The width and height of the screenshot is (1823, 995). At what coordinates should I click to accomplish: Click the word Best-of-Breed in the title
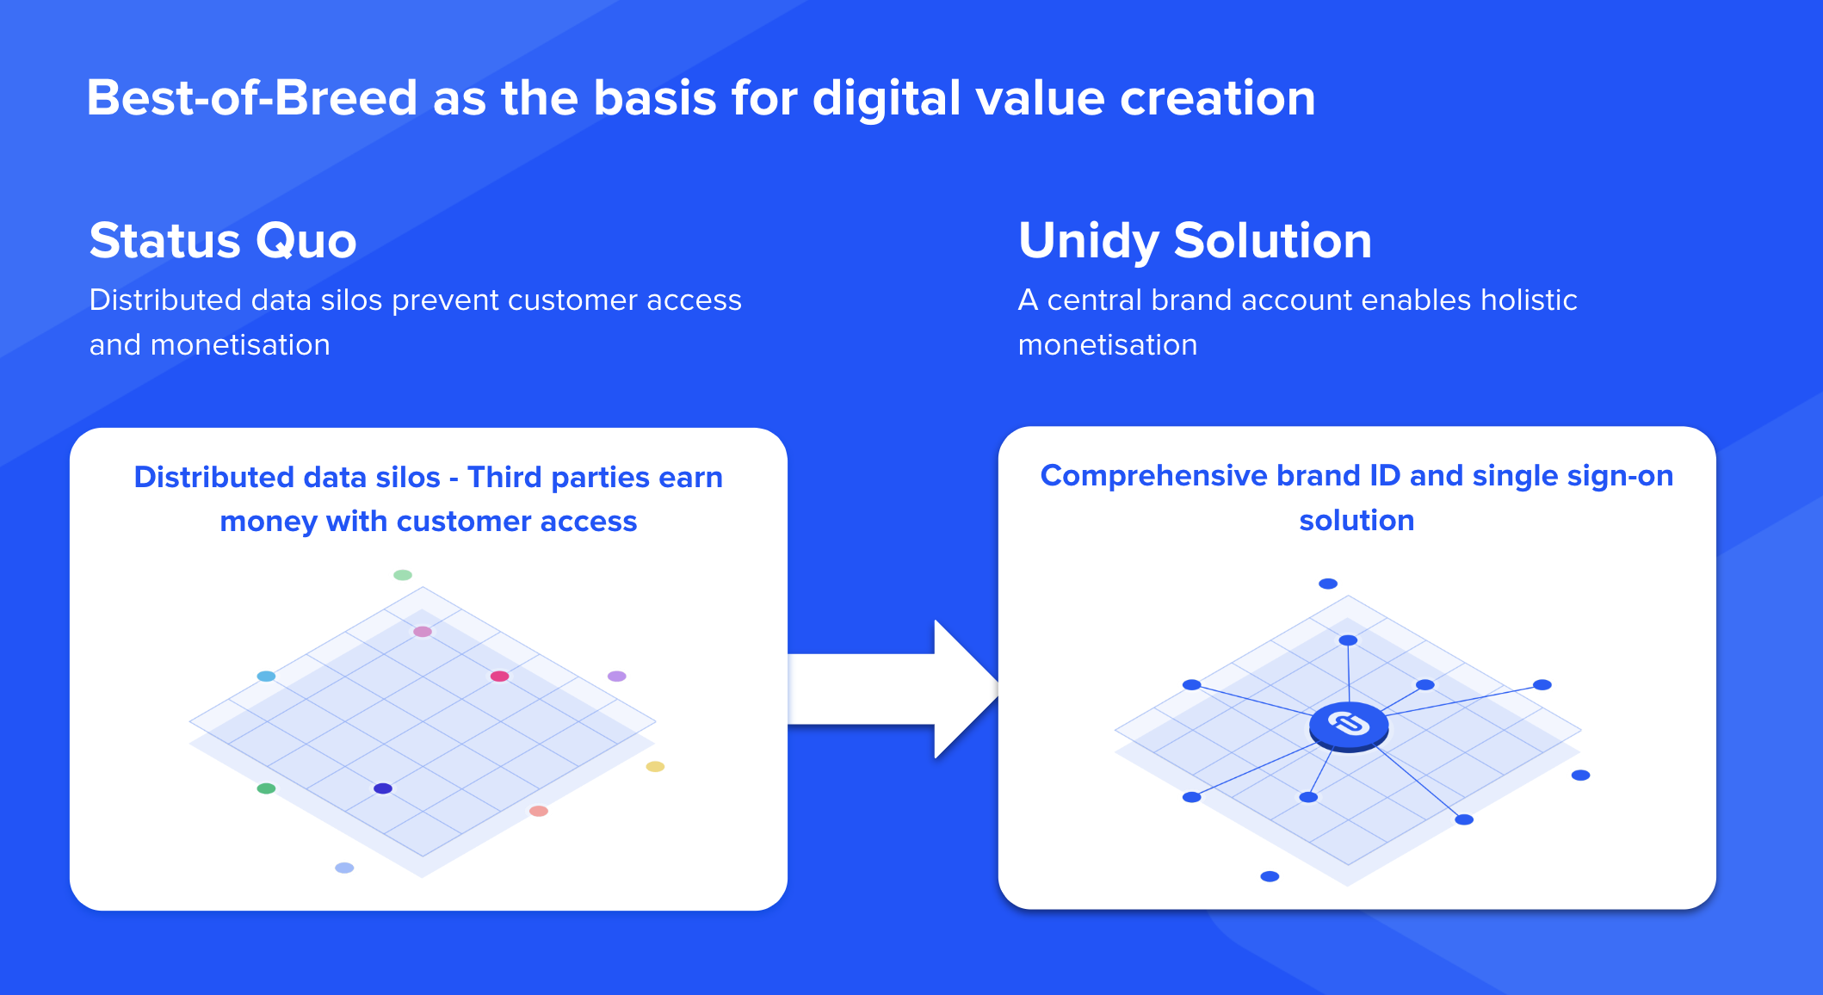[x=252, y=97]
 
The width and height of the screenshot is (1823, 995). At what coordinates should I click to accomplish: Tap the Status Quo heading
[x=223, y=240]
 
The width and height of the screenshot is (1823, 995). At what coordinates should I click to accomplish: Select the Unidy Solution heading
[x=1195, y=241]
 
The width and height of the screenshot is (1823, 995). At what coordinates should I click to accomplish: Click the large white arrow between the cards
[x=893, y=689]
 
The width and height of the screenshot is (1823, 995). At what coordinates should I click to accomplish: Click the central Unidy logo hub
[x=1349, y=726]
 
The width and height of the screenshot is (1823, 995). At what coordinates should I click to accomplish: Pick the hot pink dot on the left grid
[x=499, y=676]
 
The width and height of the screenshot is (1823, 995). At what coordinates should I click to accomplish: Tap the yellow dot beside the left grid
[x=655, y=766]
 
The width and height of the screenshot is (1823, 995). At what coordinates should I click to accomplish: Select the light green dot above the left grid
[x=403, y=575]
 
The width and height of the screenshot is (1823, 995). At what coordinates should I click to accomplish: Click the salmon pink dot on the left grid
[x=539, y=811]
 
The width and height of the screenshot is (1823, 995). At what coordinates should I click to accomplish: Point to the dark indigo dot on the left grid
[x=383, y=788]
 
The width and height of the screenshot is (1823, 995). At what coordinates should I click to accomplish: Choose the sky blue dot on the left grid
[x=267, y=676]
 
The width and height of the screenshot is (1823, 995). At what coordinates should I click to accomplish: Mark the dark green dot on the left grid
[x=267, y=788]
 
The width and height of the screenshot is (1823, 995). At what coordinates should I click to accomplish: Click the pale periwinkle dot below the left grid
[x=344, y=868]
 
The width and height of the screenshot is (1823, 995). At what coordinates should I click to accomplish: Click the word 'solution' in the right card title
[x=1356, y=520]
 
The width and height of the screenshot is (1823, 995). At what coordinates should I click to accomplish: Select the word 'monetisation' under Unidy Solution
[x=1108, y=344]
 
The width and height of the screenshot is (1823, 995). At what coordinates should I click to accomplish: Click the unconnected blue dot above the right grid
[x=1328, y=584]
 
